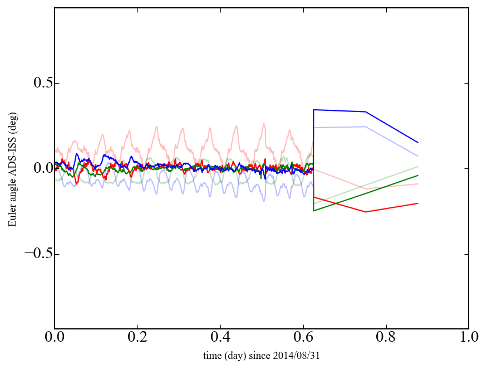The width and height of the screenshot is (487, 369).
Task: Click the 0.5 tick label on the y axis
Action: point(36,83)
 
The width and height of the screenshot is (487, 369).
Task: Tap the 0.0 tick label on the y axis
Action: point(36,168)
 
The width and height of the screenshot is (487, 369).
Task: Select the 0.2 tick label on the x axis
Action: point(137,337)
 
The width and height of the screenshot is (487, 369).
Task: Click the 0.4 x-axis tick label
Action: point(220,337)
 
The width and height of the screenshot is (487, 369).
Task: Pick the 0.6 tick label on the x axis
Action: point(303,337)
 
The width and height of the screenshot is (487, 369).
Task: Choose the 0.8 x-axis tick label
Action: point(386,337)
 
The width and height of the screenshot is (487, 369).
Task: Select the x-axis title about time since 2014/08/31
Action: point(261,355)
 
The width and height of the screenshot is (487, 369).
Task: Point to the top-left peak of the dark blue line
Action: point(314,110)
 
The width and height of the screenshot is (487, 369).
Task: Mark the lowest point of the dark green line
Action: point(314,211)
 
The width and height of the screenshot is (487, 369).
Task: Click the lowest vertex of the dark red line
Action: point(366,212)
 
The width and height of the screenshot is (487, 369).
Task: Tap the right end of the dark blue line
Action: point(417,142)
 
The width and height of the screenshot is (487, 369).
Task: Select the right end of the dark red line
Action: point(417,203)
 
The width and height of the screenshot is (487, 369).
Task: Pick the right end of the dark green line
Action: point(417,176)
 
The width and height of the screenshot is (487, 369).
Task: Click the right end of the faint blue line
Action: point(417,156)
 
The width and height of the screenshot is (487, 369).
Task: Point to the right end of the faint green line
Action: point(417,167)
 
